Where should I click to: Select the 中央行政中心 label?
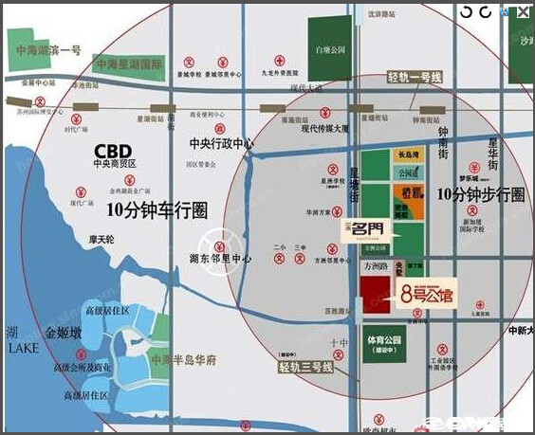click(x=222, y=145)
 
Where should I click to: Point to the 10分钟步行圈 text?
click(x=481, y=194)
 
